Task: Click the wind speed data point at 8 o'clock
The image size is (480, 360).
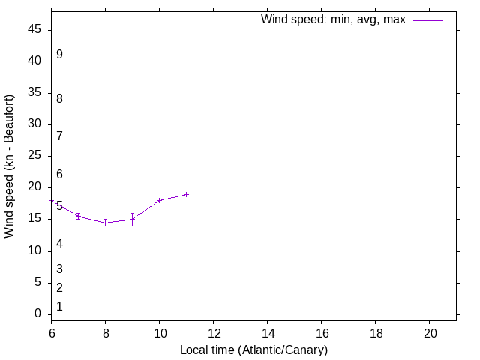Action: click(106, 223)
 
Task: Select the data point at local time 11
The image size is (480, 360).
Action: click(187, 194)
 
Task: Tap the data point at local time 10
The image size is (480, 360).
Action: click(160, 200)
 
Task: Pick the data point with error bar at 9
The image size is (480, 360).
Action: click(133, 219)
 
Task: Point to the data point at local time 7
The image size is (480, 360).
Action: click(79, 216)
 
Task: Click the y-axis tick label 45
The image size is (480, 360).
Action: click(35, 30)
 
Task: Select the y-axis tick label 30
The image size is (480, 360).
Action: click(35, 124)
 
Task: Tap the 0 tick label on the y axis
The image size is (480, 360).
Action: click(38, 313)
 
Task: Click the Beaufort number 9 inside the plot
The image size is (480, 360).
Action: click(59, 55)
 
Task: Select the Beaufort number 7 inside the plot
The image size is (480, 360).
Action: click(59, 136)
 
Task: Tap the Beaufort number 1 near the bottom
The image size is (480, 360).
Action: click(59, 307)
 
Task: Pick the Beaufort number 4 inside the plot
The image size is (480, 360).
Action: click(59, 243)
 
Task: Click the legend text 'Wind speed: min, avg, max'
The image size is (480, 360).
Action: click(333, 19)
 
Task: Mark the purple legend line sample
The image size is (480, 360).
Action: click(427, 20)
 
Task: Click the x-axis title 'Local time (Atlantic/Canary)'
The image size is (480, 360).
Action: click(253, 349)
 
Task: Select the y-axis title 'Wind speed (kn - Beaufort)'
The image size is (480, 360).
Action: click(10, 166)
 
